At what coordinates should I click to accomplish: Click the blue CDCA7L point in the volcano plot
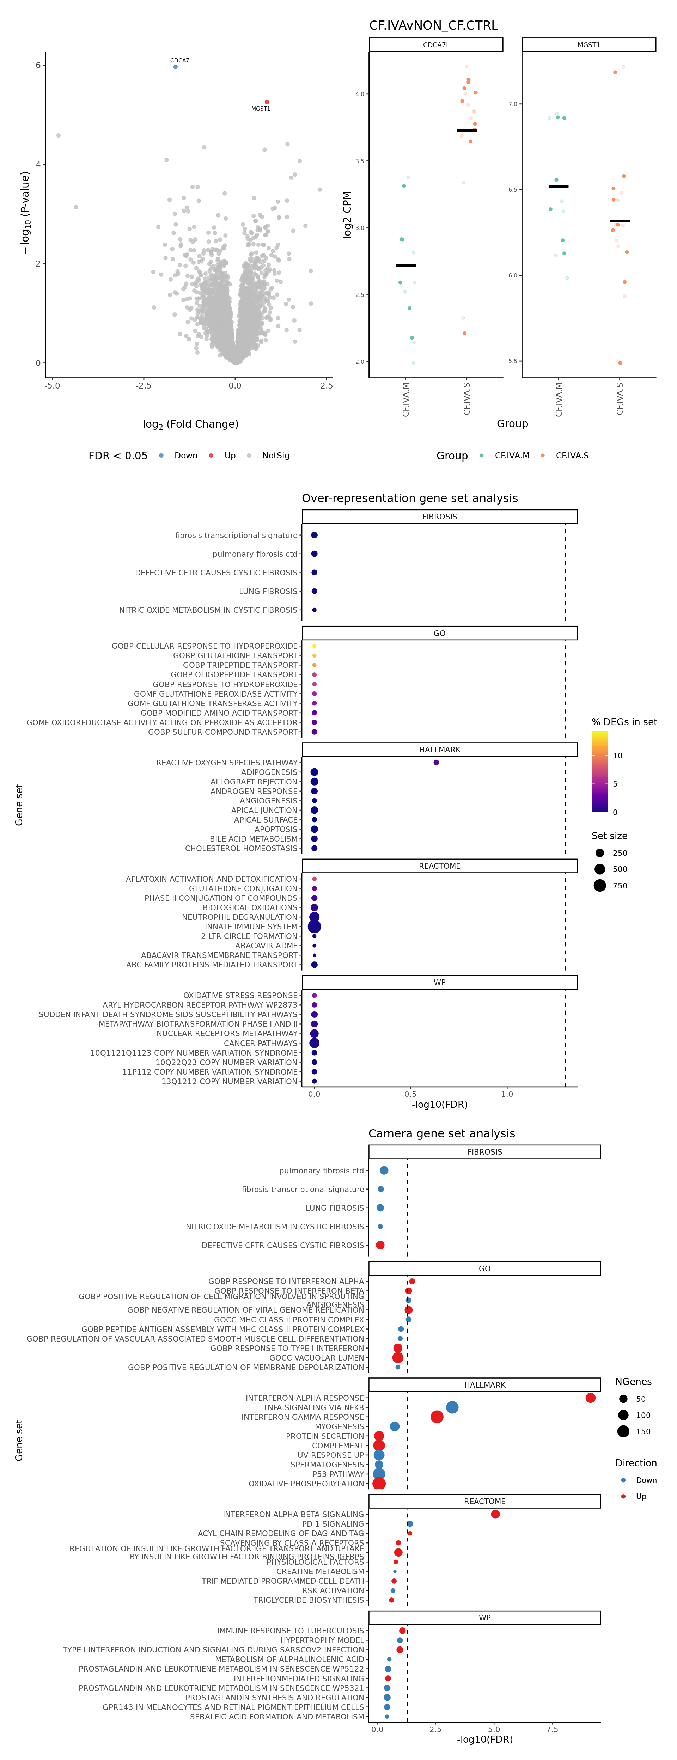tap(176, 67)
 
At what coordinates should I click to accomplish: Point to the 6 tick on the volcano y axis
tap(38, 65)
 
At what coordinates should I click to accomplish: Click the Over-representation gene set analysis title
tap(409, 498)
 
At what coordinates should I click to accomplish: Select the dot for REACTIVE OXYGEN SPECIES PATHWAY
tap(436, 763)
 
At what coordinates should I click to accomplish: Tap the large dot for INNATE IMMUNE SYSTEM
tap(314, 927)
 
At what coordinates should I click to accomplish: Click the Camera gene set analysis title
tap(441, 1133)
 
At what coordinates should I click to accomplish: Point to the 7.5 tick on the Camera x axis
tap(552, 1729)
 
